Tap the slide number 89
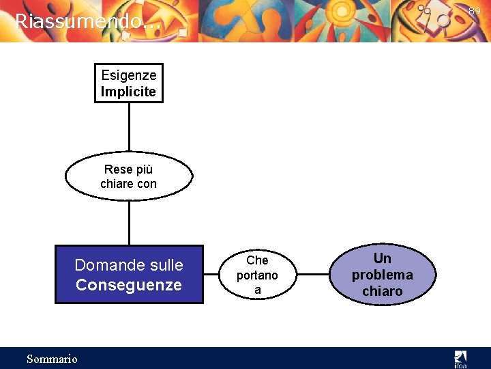475,11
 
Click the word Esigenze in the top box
129,75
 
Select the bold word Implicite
129,92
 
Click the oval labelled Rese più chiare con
129,176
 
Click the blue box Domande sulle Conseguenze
129,274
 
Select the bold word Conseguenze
129,285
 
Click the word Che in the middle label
257,260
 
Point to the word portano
257,275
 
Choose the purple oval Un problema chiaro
382,275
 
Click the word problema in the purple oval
382,275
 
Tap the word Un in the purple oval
383,258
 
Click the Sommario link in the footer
52,359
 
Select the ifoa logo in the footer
461,358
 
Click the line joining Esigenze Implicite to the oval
129,127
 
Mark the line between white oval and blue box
129,223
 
